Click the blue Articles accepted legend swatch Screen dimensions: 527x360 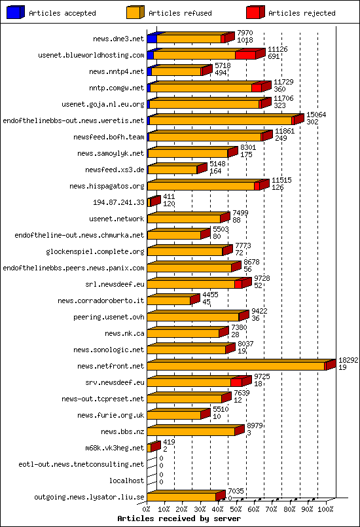click(15, 12)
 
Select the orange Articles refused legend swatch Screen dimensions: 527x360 click(134, 12)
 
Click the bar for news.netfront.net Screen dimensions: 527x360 click(236, 366)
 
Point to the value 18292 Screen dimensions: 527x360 click(348, 360)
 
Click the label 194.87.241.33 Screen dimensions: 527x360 click(118, 202)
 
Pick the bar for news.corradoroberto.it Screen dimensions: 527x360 click(169, 300)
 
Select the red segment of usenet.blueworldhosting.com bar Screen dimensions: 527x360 click(245, 55)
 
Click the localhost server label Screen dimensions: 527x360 click(126, 481)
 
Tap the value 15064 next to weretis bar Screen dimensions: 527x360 click(316, 115)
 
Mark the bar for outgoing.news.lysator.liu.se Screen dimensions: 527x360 click(186, 497)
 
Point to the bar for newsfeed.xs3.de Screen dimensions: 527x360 click(172, 170)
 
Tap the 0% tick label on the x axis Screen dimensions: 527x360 click(147, 508)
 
